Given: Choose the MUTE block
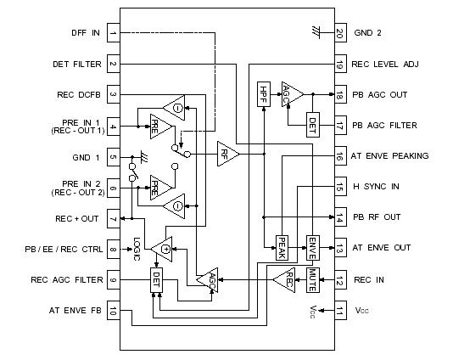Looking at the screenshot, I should [x=311, y=279].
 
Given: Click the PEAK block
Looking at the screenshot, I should [x=282, y=248].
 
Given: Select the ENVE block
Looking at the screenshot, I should [x=311, y=248].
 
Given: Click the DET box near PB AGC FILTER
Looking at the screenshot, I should [x=311, y=125].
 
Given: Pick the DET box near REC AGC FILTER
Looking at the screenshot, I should [x=157, y=279].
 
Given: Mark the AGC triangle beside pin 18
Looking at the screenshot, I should [x=292, y=94].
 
